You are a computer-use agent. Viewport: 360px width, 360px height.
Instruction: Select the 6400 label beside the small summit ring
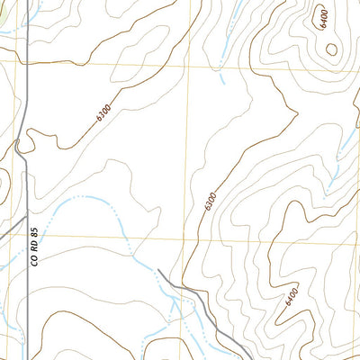pos(323,19)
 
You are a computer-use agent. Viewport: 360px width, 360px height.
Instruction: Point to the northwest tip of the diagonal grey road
pos(159,270)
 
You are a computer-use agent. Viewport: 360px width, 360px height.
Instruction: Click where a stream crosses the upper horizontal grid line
pos(219,67)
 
